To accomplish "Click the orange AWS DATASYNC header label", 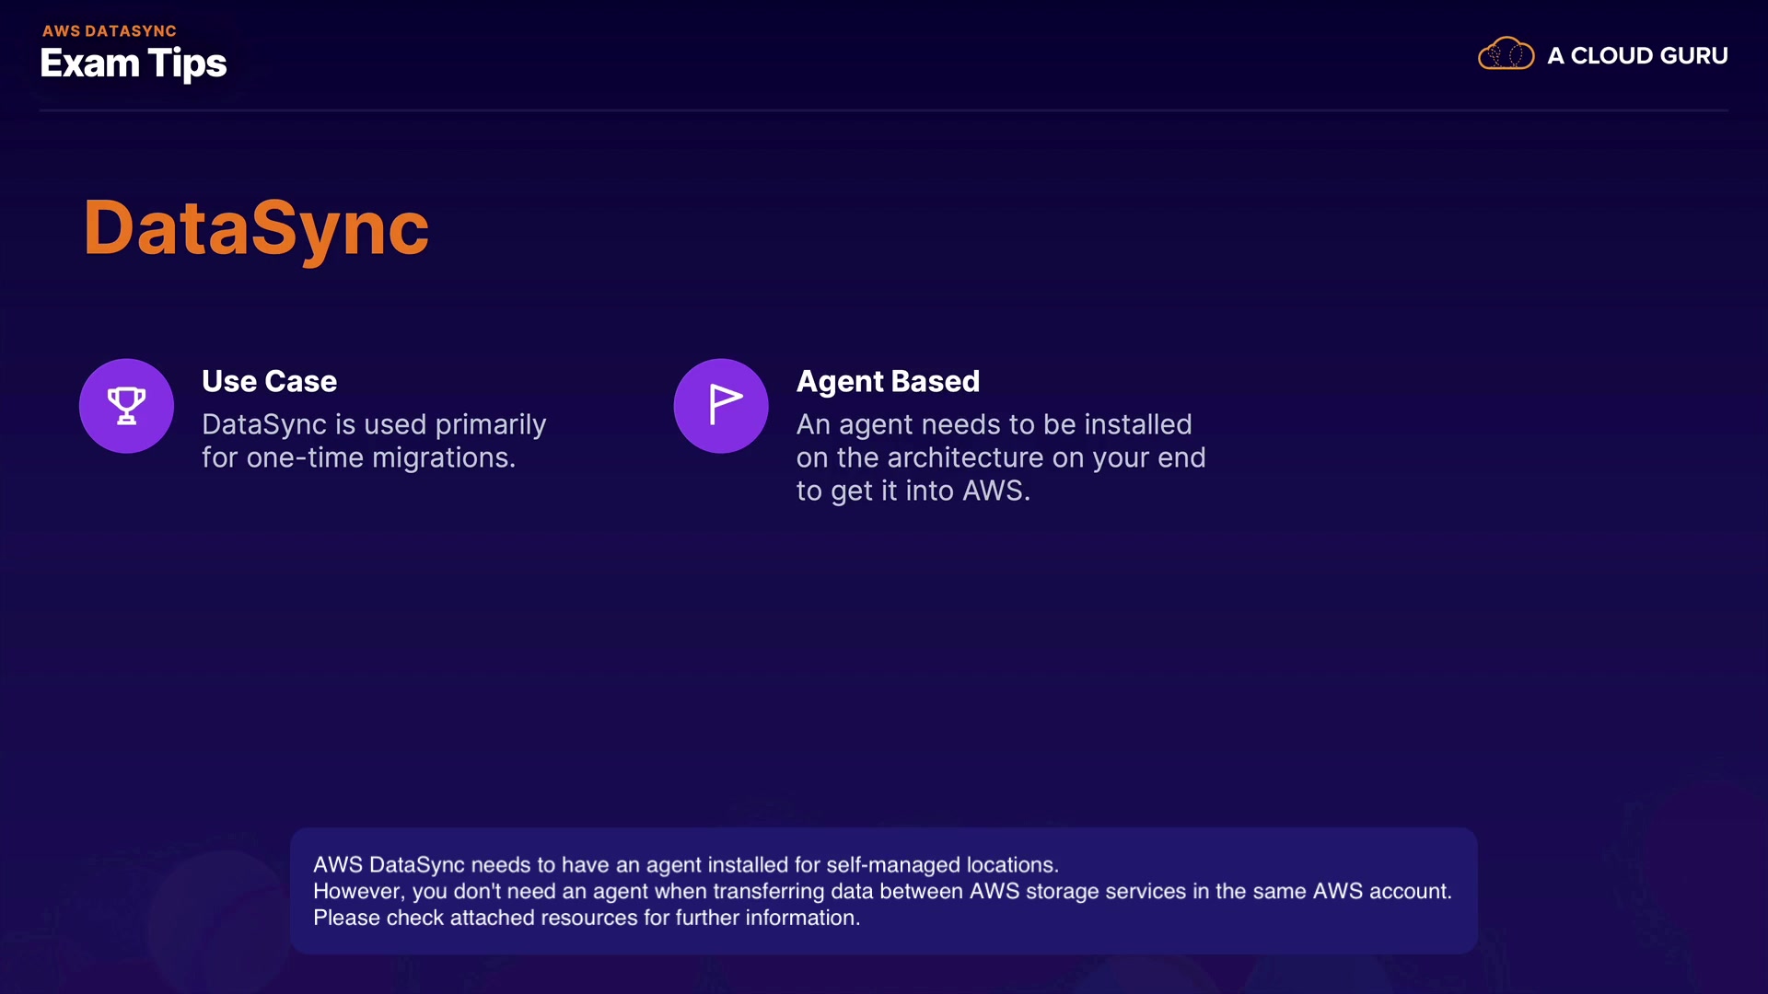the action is coord(109,30).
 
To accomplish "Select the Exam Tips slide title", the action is coord(134,64).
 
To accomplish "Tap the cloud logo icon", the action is coord(1506,54).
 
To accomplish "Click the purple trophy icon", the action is coord(126,406).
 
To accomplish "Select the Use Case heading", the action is coord(269,381).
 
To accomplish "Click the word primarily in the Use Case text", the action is coord(491,425).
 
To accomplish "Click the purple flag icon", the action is coord(721,406).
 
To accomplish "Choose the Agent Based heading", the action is coord(888,382).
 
